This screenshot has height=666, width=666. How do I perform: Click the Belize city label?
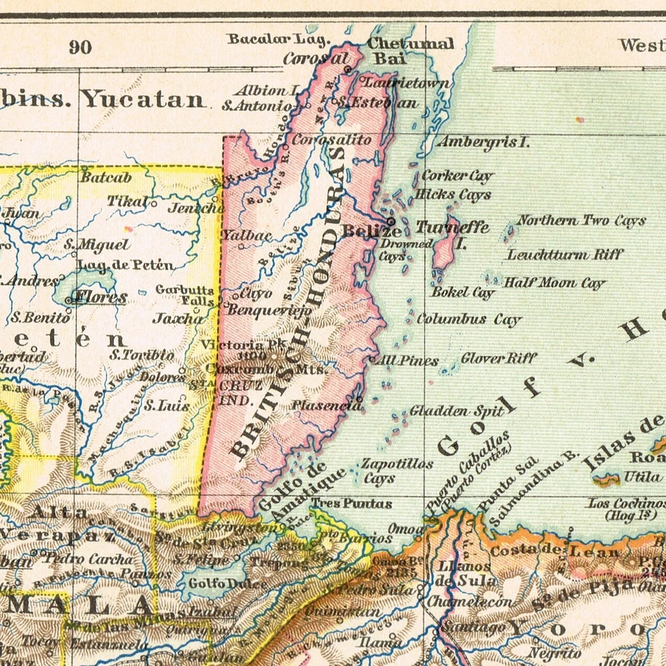372,231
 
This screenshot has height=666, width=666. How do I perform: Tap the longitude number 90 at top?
80,47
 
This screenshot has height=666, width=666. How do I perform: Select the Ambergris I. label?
482,142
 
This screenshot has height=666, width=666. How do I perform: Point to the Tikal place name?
127,201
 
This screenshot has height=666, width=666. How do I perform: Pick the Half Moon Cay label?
554,283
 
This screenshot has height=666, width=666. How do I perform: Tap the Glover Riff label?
499,358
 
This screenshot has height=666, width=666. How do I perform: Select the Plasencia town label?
323,404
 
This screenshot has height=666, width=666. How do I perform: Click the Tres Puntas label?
351,503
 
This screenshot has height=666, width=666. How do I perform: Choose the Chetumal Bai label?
409,51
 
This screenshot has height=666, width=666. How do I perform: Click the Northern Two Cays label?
581,221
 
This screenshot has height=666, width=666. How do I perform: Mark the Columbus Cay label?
468,320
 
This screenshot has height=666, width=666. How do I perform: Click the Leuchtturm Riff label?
565,255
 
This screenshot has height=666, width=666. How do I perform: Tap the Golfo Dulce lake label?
217,584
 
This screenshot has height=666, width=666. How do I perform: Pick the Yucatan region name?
144,100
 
